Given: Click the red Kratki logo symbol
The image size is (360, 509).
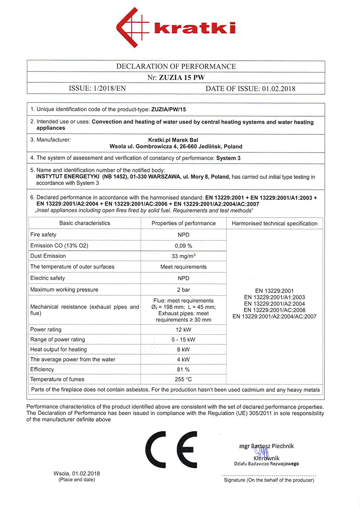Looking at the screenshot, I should click(132, 28).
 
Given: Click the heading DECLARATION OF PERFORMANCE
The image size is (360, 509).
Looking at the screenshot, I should click(176, 66).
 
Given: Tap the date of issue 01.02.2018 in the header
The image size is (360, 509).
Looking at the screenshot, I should click(278, 89).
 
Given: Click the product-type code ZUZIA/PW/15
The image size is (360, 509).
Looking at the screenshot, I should click(169, 109).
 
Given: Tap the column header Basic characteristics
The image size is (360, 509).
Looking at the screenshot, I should click(84, 223).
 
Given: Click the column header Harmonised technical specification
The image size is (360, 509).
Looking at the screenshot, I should click(274, 224).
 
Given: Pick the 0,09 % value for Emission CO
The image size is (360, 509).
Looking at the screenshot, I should click(184, 246).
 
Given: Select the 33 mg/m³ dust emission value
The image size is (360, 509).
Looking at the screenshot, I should click(184, 256).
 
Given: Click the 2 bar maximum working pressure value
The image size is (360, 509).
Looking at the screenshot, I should click(184, 290).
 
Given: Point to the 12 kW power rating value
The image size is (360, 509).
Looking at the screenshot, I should click(184, 329).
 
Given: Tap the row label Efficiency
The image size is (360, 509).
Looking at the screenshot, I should click(42, 369).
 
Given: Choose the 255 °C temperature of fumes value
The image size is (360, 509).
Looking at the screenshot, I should click(184, 379).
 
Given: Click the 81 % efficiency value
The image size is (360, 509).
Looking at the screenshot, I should click(184, 369).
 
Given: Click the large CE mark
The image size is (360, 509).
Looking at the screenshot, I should click(171, 451).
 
